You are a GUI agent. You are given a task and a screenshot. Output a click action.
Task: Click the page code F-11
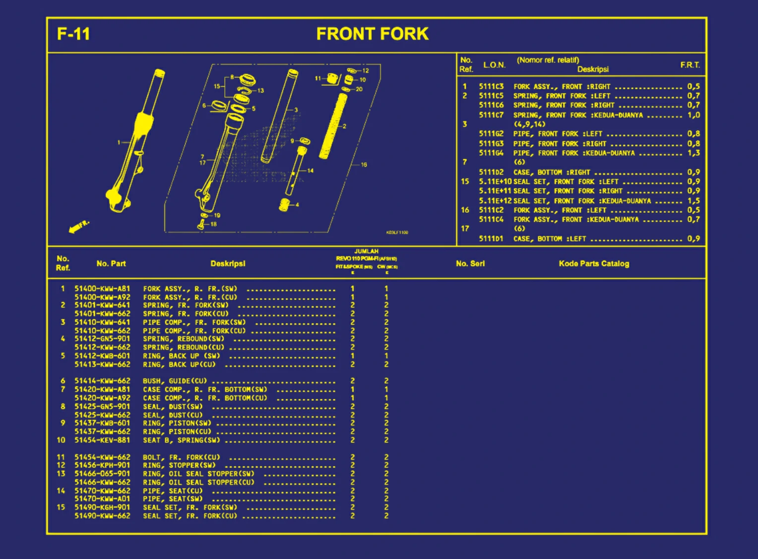[x=73, y=34]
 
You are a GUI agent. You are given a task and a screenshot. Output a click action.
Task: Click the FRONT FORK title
[x=372, y=34]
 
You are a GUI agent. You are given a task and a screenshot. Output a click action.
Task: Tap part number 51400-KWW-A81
[x=102, y=288]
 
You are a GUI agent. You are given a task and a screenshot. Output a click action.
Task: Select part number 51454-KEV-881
[x=102, y=440]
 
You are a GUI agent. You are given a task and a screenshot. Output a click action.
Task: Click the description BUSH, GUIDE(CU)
[x=175, y=381]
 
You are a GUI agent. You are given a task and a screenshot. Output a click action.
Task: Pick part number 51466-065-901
[x=102, y=474]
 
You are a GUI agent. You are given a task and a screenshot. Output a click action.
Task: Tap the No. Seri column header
[x=470, y=263]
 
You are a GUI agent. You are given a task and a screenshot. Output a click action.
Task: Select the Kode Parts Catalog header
[x=593, y=263]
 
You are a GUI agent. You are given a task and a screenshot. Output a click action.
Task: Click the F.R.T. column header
[x=690, y=65]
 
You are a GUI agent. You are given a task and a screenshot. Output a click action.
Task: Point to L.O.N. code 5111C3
[x=491, y=86]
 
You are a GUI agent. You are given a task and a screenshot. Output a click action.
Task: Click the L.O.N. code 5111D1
[x=491, y=239]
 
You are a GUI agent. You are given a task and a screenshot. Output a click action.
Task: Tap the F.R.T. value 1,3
[x=694, y=153]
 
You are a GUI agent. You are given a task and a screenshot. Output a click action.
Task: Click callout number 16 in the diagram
[x=364, y=165]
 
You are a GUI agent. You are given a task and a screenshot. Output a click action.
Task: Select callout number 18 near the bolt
[x=213, y=224]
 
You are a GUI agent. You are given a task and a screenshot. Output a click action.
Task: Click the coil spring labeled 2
[x=333, y=126]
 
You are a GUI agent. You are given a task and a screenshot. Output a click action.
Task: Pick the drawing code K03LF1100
[x=397, y=232]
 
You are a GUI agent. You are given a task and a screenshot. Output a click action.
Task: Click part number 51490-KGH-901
[x=102, y=507]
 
